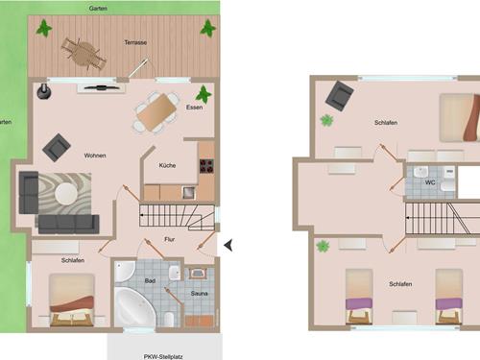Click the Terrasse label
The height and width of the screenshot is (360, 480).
coord(135,42)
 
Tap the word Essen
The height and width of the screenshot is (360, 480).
coord(194,108)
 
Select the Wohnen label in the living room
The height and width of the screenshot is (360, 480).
coord(95,156)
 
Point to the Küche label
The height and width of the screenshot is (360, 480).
coord(167,165)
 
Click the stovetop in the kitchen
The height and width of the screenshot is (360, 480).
coord(206,166)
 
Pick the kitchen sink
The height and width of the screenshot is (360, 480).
coord(188,192)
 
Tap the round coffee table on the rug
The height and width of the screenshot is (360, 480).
coord(66,194)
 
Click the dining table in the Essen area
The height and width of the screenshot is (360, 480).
coord(156,112)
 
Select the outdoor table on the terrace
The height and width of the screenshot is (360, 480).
coord(84,54)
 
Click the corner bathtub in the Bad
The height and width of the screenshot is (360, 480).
coord(133,306)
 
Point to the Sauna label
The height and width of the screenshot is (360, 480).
coord(199,294)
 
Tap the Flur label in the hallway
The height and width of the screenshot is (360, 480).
coord(169,239)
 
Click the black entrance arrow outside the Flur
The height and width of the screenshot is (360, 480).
coord(228,246)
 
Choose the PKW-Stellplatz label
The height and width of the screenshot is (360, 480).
coord(163,356)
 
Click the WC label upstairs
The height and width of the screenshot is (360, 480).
coord(430,182)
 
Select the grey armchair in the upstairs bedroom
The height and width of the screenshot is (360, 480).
coord(340,96)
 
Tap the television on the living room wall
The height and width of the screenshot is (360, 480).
coord(102,87)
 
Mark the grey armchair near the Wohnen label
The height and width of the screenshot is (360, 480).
coord(57,148)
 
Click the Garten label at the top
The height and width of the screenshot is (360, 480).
coord(98,9)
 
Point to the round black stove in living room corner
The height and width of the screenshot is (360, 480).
coord(44,92)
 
